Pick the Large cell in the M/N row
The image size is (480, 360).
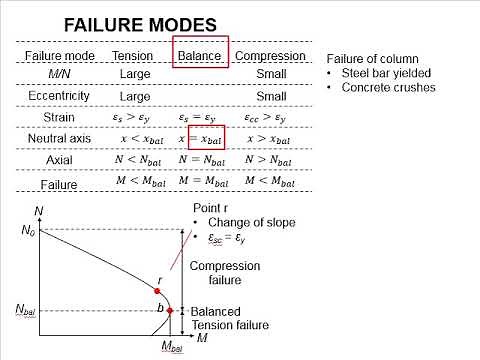[x=133, y=75]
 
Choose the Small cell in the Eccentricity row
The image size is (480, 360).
[x=270, y=96]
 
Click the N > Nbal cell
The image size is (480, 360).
[x=270, y=160]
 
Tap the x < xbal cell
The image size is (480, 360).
[x=133, y=138]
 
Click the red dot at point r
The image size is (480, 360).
[x=157, y=289]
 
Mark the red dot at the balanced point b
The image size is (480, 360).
[x=170, y=310]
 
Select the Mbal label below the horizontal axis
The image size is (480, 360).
[x=172, y=347]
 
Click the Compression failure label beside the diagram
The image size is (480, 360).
[x=225, y=273]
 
